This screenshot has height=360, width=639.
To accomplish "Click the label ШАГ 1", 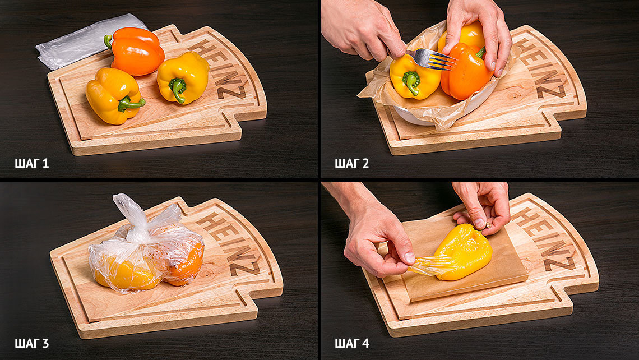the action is [x=32, y=164].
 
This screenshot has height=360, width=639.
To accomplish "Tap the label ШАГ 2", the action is [x=351, y=164].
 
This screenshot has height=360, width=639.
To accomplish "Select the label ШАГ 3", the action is [x=32, y=343].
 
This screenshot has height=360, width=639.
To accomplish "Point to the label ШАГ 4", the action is [x=352, y=343].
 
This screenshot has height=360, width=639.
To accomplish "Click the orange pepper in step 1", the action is [x=137, y=52].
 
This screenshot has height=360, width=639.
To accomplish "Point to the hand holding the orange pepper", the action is [x=479, y=33].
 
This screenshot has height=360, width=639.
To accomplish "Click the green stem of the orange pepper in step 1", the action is [x=108, y=41].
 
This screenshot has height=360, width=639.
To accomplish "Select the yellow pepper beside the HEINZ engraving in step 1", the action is [x=183, y=77].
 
